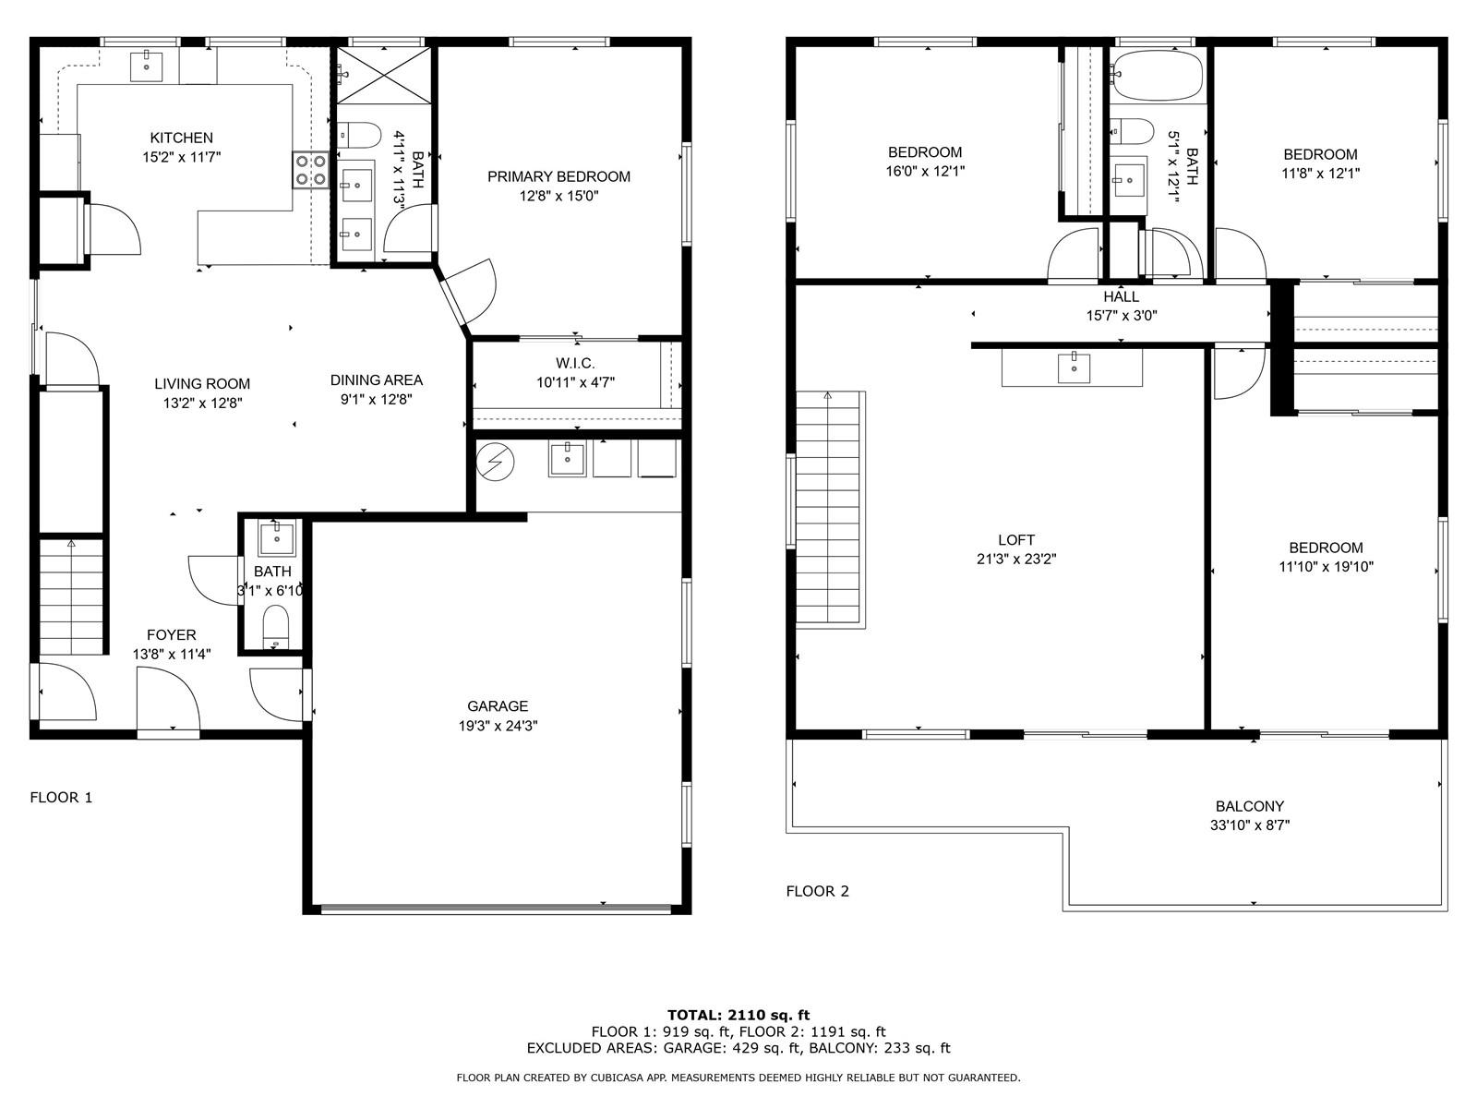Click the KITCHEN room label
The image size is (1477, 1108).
click(x=181, y=138)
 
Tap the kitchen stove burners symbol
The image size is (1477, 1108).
click(x=310, y=170)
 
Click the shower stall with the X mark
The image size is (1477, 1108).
click(x=383, y=76)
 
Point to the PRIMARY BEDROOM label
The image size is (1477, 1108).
click(x=558, y=177)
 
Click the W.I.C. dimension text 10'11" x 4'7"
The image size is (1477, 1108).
click(x=575, y=383)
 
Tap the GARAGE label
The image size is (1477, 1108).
click(x=498, y=706)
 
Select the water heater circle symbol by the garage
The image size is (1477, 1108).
click(x=495, y=463)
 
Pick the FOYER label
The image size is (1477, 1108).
click(x=172, y=635)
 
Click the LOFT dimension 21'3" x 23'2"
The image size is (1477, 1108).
click(x=1016, y=559)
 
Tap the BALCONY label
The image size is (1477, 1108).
click(x=1250, y=806)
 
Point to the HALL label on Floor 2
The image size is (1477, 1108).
click(x=1121, y=296)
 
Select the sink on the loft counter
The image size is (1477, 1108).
click(x=1074, y=367)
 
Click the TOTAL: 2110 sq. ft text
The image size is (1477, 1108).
click(x=738, y=1015)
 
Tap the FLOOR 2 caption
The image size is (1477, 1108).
click(x=818, y=891)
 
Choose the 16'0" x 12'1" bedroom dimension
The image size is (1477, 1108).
click(x=925, y=172)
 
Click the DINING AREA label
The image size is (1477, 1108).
click(x=376, y=380)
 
